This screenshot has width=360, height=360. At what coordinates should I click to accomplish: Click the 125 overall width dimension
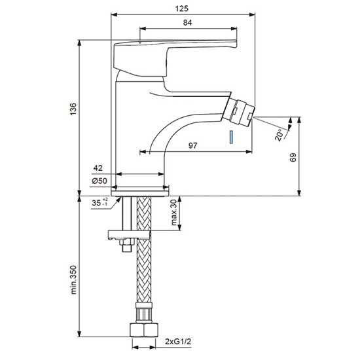pyautogui.click(x=182, y=9)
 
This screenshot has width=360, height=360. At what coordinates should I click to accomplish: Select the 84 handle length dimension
pyautogui.click(x=188, y=22)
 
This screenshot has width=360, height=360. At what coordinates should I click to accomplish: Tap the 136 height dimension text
pyautogui.click(x=73, y=109)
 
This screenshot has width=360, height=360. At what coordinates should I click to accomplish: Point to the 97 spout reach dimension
pyautogui.click(x=192, y=145)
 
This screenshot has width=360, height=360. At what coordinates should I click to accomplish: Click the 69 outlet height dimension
pyautogui.click(x=293, y=157)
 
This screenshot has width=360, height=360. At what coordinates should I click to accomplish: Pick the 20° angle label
pyautogui.click(x=279, y=135)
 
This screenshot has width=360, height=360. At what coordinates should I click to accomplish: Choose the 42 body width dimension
pyautogui.click(x=98, y=168)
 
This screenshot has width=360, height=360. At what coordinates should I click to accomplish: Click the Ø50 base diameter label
pyautogui.click(x=99, y=181)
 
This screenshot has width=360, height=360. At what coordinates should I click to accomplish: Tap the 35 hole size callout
pyautogui.click(x=99, y=202)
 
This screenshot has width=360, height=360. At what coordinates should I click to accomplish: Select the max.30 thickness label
pyautogui.click(x=174, y=212)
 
